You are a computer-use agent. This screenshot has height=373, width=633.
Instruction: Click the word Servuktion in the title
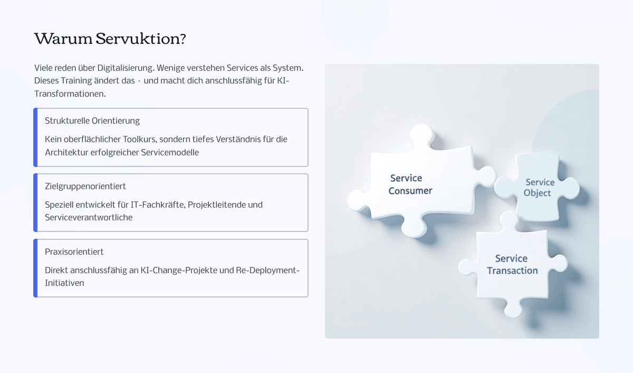(141, 39)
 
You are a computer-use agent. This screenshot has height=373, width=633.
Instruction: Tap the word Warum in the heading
(63, 39)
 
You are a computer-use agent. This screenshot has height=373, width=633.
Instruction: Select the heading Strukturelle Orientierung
(92, 121)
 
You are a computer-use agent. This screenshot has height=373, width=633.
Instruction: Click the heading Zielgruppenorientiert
(85, 186)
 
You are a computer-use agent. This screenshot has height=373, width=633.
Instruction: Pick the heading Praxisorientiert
(74, 251)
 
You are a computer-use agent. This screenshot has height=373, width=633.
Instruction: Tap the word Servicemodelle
(170, 153)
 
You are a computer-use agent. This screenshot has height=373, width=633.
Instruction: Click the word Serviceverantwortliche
(89, 217)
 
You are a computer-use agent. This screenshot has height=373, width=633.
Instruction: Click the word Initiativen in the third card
(64, 283)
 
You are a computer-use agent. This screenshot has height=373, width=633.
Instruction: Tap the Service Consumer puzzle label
(410, 184)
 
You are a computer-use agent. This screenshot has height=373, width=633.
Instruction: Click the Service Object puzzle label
(539, 188)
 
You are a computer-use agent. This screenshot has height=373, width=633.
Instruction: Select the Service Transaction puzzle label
(512, 265)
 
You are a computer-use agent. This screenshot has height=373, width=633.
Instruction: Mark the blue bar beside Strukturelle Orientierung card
(35, 137)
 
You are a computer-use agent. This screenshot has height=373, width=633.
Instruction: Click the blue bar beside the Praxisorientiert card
(35, 268)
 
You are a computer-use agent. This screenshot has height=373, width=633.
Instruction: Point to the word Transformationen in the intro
(70, 94)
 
